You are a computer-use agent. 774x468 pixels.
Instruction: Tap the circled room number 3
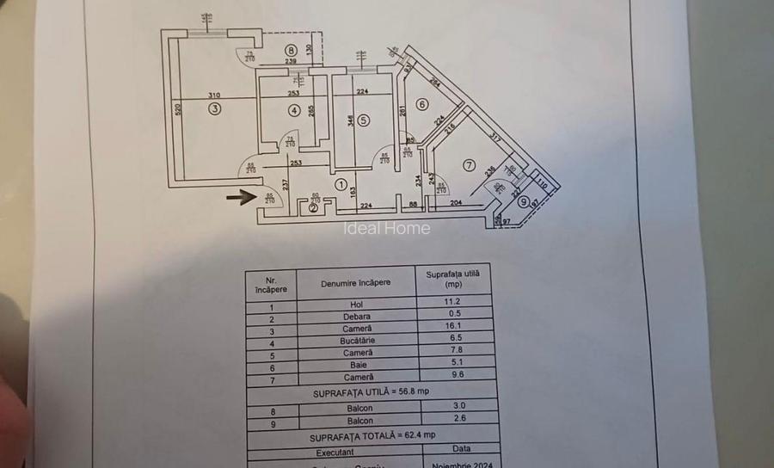tap(214, 108)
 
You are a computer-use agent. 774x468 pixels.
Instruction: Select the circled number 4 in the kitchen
tap(294, 110)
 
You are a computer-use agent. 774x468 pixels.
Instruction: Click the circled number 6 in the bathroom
tap(421, 105)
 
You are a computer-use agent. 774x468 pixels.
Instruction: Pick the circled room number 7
tap(469, 164)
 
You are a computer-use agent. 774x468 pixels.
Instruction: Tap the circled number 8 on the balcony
tap(292, 50)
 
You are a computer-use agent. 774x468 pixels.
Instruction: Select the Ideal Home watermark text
tap(387, 228)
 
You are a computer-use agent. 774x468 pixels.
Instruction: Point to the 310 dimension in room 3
tap(215, 95)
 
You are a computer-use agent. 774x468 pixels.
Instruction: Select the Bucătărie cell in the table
tap(357, 341)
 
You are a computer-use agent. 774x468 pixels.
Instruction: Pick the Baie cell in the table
tap(357, 365)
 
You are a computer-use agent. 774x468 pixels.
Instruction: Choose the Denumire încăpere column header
tap(356, 282)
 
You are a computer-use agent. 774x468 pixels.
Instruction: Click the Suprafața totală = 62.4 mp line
tap(371, 437)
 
